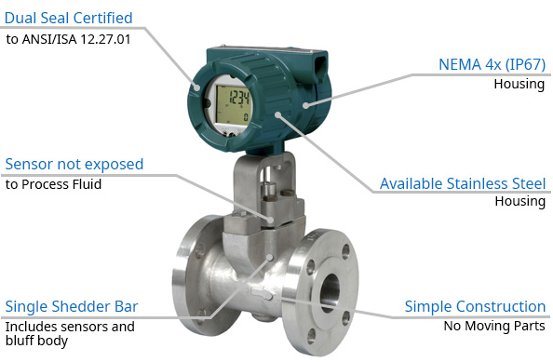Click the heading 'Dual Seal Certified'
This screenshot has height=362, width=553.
[x=68, y=18]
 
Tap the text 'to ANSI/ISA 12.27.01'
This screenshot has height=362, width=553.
[x=68, y=39]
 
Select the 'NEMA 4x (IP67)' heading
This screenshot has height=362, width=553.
[x=492, y=64]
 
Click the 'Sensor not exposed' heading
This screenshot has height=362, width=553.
[x=74, y=165]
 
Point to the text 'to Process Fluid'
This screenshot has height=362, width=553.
[x=54, y=184]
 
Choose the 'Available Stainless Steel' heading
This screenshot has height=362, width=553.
[x=463, y=183]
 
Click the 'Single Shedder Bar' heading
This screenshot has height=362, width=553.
[x=72, y=306]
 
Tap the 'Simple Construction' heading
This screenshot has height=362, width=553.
[x=475, y=306]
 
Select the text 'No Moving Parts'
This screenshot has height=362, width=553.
[x=494, y=326]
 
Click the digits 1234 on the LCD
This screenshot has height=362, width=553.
[x=239, y=97]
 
